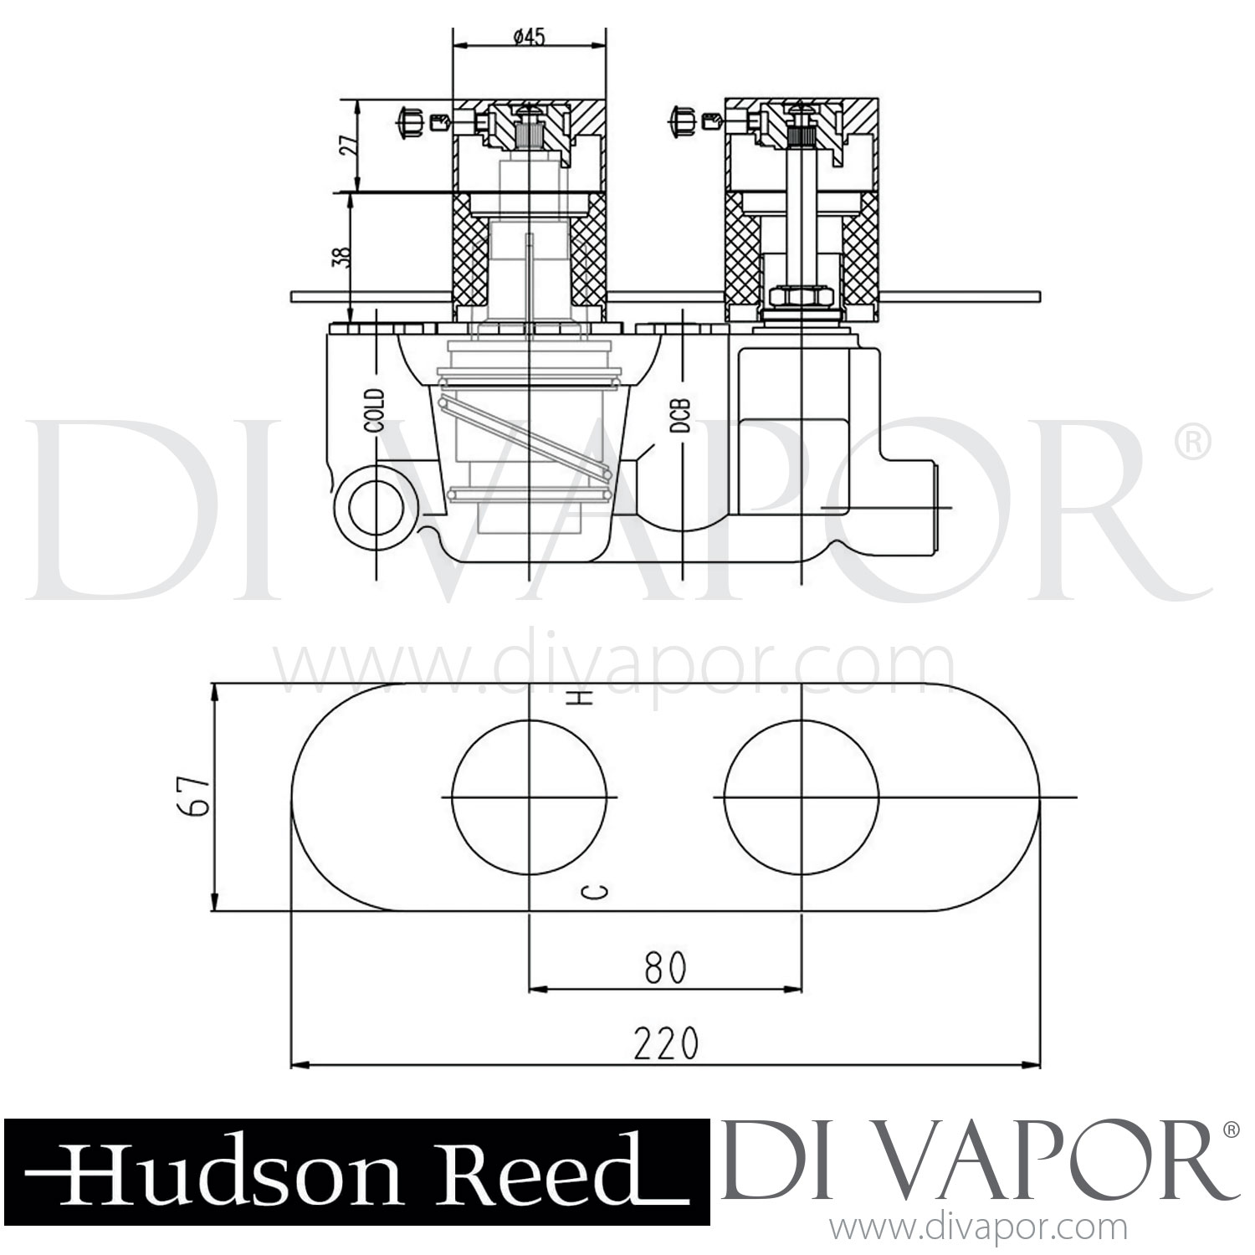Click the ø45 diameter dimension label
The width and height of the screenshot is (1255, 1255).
point(528,37)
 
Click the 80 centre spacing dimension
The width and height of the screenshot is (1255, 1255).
point(666,967)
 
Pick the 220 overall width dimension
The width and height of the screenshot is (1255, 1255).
point(665,1043)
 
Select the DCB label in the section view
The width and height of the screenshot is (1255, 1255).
point(681,416)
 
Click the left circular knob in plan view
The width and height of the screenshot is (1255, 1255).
point(529,797)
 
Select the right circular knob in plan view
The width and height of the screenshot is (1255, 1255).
point(802,797)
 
